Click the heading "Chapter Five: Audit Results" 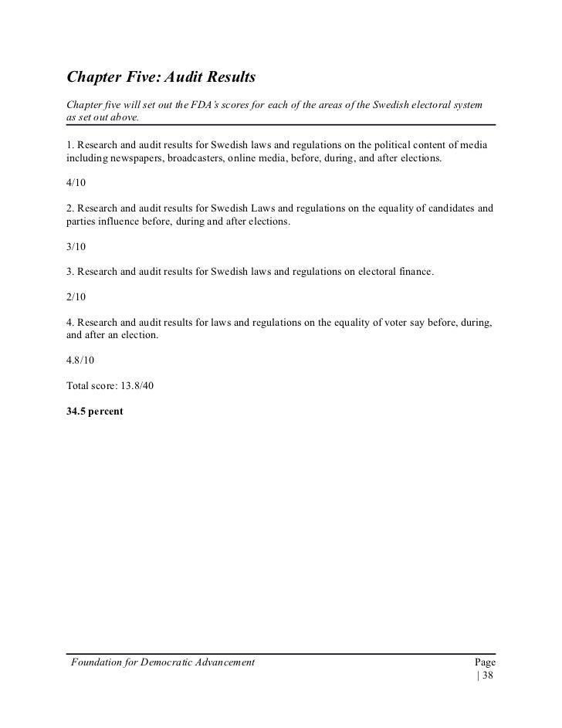tap(161, 78)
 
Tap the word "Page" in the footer tap(484, 663)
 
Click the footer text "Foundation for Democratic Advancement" tap(162, 663)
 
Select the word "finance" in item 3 tap(411, 272)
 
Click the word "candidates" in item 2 tap(445, 208)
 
